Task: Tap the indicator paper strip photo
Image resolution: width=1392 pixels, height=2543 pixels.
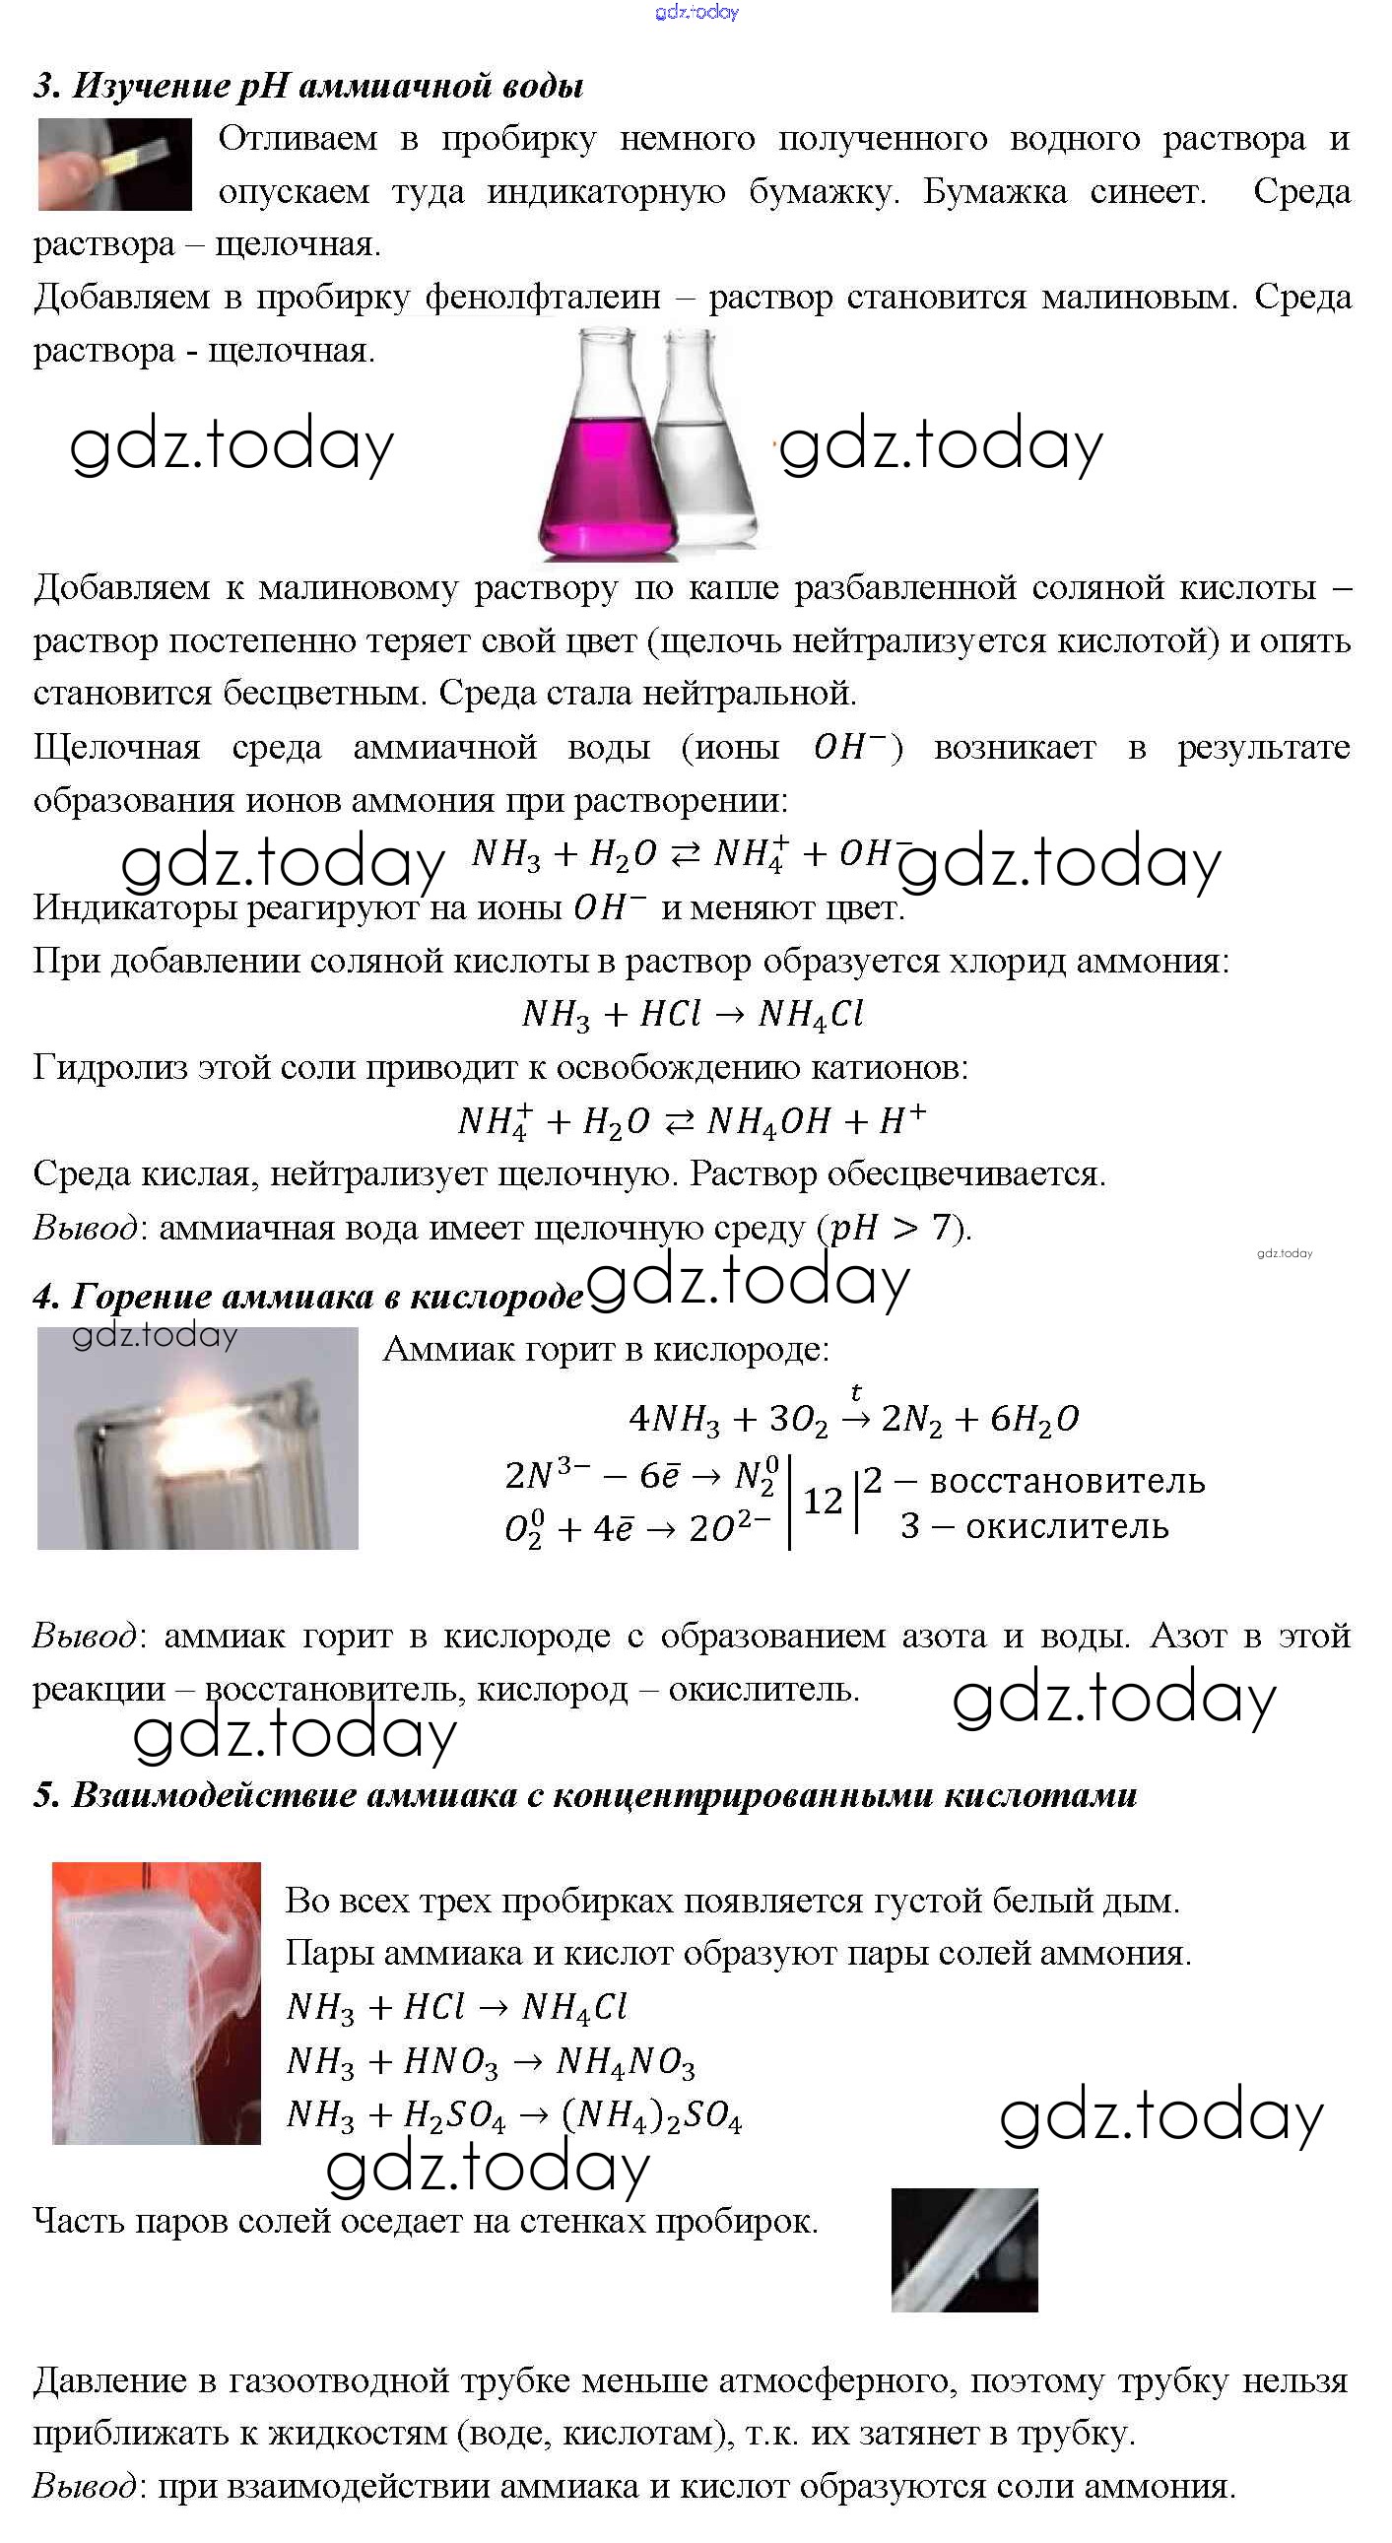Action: click(x=114, y=164)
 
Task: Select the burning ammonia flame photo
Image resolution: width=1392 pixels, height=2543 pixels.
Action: click(x=197, y=1438)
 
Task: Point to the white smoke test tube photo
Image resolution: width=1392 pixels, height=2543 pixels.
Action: click(x=156, y=2002)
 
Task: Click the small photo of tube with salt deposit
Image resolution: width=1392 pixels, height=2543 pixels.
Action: click(x=963, y=2249)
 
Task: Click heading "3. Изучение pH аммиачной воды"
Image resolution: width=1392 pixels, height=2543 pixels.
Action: click(x=308, y=86)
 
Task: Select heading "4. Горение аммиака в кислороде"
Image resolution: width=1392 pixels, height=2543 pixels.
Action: click(x=308, y=1296)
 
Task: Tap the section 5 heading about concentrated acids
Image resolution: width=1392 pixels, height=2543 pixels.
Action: click(x=584, y=1794)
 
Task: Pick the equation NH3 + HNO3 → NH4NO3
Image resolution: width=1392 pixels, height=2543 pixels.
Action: click(x=491, y=2061)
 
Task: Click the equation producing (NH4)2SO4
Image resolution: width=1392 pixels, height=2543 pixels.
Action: click(x=513, y=2114)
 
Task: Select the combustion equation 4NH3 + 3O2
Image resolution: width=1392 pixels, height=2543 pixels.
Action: click(x=854, y=1420)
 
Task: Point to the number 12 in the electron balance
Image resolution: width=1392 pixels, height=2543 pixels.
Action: click(x=823, y=1502)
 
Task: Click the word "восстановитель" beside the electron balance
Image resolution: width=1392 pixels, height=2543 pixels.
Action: click(x=1066, y=1481)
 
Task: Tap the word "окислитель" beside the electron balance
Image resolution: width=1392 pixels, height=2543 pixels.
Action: click(x=1066, y=1526)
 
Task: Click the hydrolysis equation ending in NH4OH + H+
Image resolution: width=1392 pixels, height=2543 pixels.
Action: click(x=692, y=1121)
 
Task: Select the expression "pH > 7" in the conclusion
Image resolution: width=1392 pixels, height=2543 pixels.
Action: click(x=890, y=1227)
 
